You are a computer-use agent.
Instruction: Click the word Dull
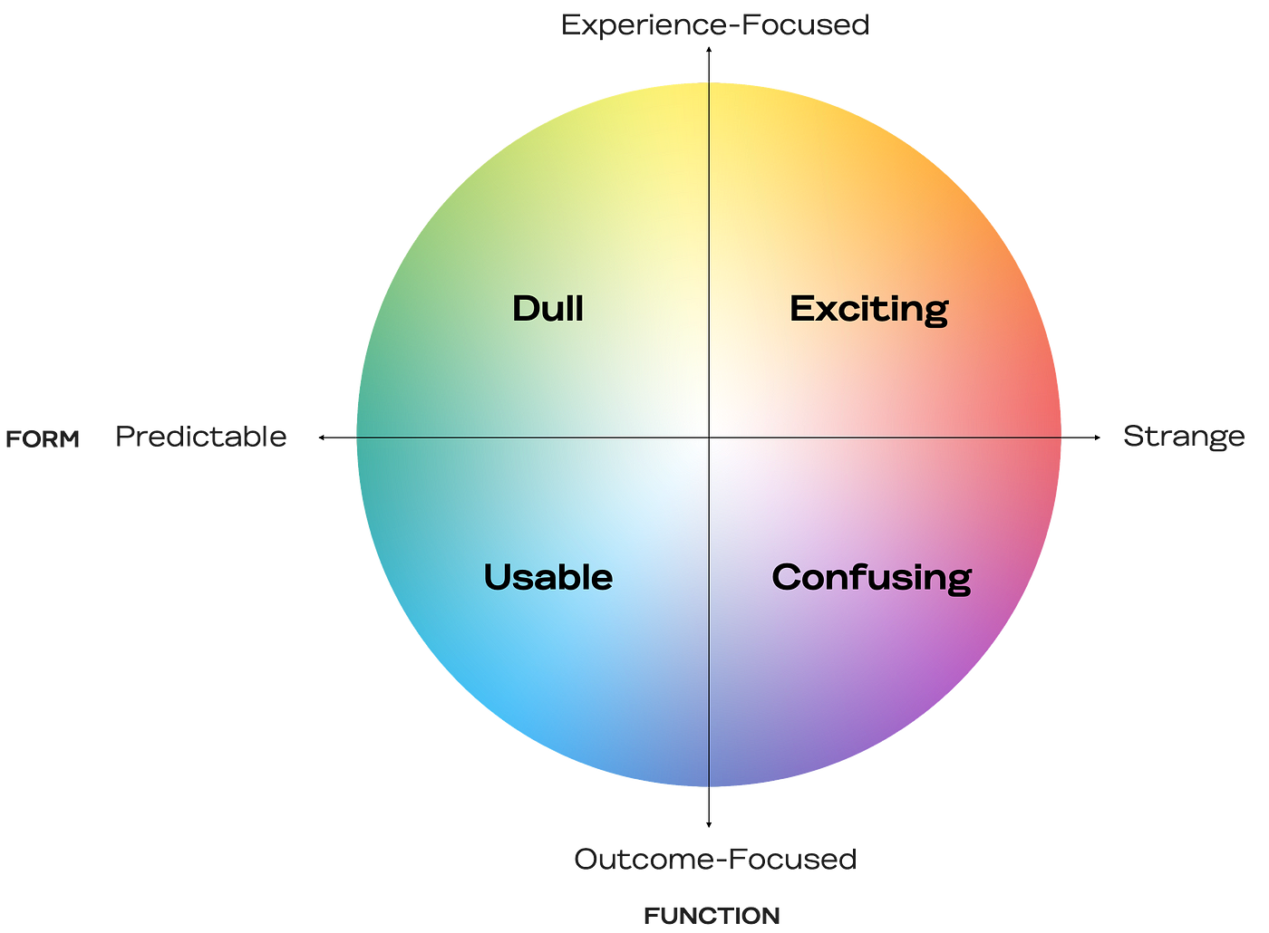pos(547,309)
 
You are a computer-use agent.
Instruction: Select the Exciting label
pos(868,310)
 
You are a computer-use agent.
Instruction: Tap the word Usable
pos(547,577)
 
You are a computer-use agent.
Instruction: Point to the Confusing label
pos(871,578)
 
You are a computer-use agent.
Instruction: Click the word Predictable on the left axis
pos(202,438)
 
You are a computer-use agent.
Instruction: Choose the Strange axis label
pos(1183,437)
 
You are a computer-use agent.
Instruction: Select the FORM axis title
pos(41,439)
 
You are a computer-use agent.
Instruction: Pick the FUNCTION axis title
pos(712,916)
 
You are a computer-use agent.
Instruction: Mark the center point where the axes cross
pos(709,438)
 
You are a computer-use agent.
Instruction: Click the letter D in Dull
pos(525,309)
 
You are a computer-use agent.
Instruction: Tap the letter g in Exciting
pos(935,313)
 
